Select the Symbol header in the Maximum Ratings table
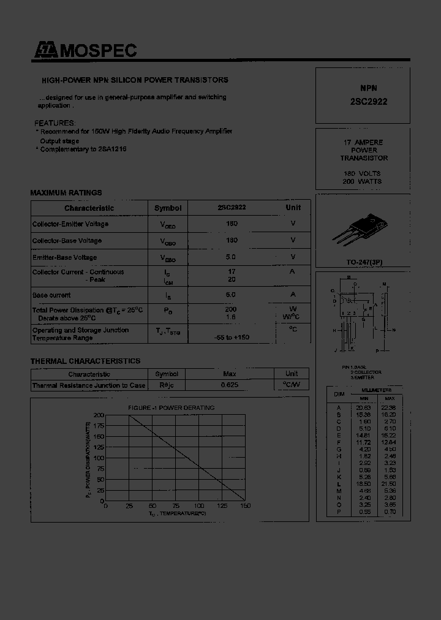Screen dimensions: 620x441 [168, 208]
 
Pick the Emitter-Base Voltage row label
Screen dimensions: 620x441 [64, 257]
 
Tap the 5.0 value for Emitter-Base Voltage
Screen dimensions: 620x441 [232, 257]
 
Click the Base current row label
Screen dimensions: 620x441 [51, 295]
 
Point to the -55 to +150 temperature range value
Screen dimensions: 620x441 [232, 338]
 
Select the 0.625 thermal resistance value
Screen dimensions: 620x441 [230, 385]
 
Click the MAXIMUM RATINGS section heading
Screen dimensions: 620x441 [66, 193]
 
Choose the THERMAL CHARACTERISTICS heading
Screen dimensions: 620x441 [85, 361]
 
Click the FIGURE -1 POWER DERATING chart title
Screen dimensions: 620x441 [171, 408]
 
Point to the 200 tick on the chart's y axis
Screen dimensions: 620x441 [99, 415]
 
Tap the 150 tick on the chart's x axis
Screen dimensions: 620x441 [245, 506]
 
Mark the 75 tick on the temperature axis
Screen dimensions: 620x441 [175, 506]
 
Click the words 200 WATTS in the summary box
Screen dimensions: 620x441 [362, 182]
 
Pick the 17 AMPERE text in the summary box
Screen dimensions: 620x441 [364, 143]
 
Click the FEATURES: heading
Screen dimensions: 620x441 [55, 123]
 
